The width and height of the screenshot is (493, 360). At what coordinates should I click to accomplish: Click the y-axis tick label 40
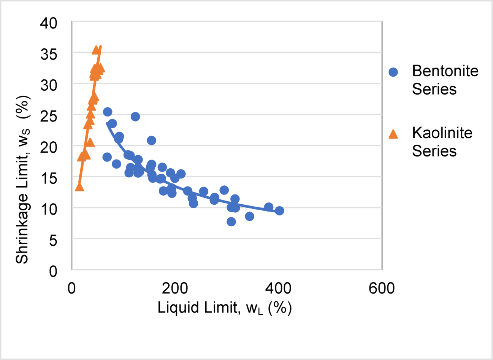[48, 23]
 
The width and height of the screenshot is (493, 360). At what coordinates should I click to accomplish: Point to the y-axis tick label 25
[48, 116]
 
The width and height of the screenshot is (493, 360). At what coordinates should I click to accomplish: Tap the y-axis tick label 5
[53, 240]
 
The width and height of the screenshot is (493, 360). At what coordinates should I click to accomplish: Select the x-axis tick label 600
[382, 288]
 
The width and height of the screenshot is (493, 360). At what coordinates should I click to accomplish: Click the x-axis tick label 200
[175, 288]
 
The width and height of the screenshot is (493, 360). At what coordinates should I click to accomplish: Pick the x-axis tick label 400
[278, 288]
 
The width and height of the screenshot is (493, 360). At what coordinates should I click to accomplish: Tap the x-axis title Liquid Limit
[224, 308]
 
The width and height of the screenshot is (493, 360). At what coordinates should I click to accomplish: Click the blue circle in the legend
[393, 72]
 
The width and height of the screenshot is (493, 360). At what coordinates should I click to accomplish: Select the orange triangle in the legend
[393, 134]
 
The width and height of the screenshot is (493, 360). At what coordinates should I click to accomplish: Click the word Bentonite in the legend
[445, 71]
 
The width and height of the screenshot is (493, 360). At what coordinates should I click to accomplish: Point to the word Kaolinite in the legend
[442, 133]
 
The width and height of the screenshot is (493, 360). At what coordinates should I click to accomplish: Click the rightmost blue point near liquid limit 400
[279, 211]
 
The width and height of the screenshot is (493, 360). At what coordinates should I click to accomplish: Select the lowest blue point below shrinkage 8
[231, 222]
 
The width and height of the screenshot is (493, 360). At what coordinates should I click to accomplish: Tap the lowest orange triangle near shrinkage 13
[79, 187]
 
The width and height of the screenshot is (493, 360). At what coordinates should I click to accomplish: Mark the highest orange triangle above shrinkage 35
[96, 50]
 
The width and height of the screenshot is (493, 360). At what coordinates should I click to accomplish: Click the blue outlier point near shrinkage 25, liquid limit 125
[135, 117]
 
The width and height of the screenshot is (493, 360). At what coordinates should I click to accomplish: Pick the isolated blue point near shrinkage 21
[151, 141]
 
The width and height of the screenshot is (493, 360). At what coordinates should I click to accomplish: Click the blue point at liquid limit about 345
[249, 216]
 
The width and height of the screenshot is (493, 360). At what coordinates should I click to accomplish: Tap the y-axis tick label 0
[53, 271]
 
